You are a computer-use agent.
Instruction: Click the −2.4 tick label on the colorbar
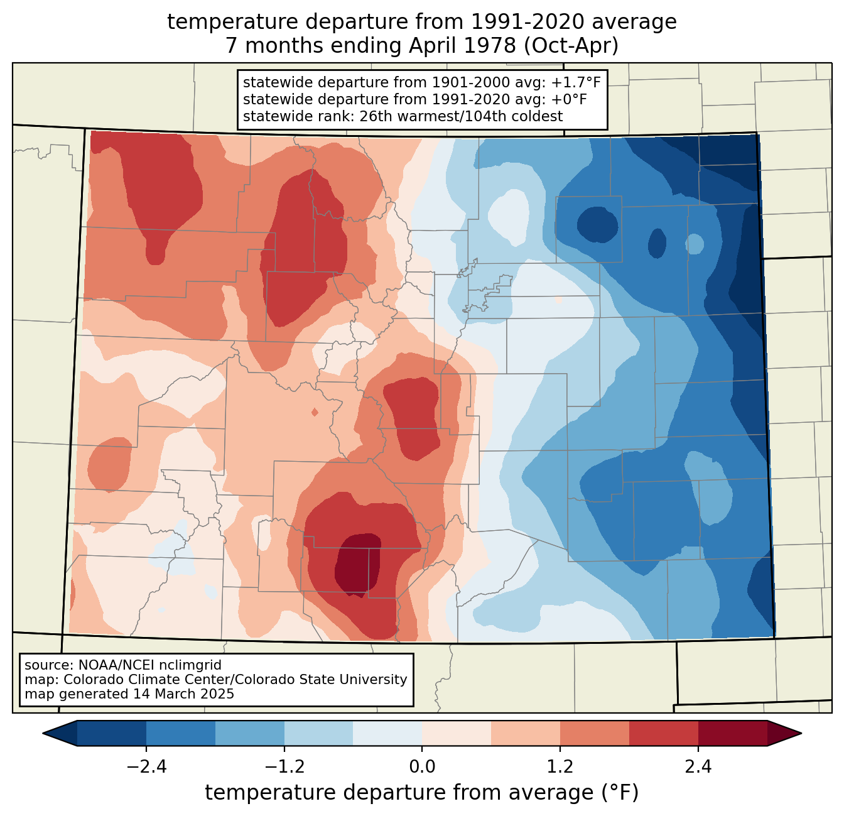click(146, 767)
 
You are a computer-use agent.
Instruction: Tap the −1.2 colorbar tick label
click(284, 767)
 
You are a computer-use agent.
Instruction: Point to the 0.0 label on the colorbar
click(422, 767)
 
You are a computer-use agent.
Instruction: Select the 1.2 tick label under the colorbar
click(560, 767)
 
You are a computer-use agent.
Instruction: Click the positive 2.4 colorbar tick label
click(698, 767)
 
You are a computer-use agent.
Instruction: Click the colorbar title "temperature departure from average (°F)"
click(422, 793)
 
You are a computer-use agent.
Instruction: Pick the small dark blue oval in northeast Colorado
click(597, 224)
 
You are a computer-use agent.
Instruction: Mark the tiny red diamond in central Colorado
click(315, 412)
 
